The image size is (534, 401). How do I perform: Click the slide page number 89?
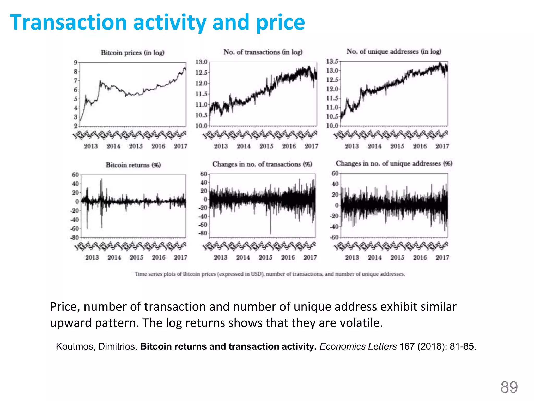pos(509,387)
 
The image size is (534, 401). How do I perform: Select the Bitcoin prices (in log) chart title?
pos(132,53)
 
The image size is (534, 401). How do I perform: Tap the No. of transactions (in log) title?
pos(263,52)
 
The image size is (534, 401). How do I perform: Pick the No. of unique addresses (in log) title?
pos(394,51)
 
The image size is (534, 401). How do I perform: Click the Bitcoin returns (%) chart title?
pos(133,165)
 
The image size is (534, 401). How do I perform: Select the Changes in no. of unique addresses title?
pos(394,163)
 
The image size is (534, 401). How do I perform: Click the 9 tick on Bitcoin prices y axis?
pos(76,62)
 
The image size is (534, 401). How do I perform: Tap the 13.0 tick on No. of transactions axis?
pos(201,62)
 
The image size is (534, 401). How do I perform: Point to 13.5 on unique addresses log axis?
pos(332,61)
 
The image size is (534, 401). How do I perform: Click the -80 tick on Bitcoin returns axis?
pos(74,238)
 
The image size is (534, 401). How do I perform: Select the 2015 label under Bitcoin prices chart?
pos(136,146)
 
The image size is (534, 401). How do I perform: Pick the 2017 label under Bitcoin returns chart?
pos(180,257)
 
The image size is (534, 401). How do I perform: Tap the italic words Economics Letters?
pos(358,346)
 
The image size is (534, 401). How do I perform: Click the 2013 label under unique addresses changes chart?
pos(352,257)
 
